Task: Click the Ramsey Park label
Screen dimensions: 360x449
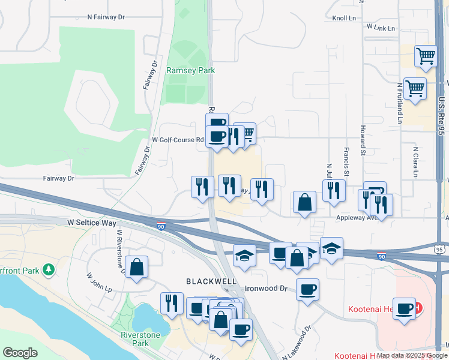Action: (190, 70)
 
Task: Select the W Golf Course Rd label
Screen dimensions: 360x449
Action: (178, 140)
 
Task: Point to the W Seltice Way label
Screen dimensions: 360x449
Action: (92, 223)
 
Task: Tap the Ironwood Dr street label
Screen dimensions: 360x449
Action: (267, 288)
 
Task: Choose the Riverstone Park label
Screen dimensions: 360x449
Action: (134, 339)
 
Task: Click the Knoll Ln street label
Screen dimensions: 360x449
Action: (344, 19)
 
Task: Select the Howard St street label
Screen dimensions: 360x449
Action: (363, 137)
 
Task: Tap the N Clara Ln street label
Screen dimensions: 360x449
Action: (415, 161)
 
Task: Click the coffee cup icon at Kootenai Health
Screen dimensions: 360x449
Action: (405, 308)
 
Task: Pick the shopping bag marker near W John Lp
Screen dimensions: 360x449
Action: (137, 268)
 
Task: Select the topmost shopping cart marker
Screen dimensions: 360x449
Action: (426, 56)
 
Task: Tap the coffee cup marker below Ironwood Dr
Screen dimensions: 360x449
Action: (307, 290)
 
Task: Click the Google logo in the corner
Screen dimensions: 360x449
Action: (20, 353)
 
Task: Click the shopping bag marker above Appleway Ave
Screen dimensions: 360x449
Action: (305, 202)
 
